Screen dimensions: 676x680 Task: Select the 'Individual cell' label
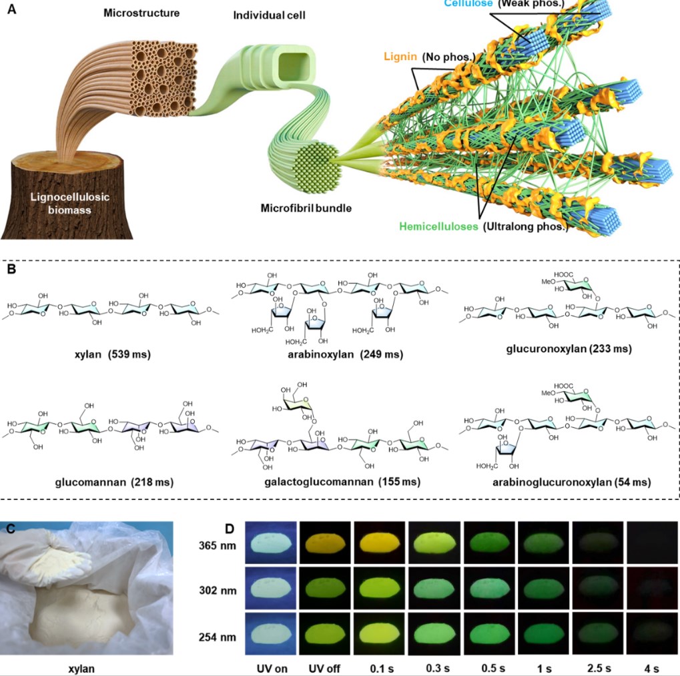tap(270, 15)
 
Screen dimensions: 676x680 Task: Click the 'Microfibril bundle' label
tap(306, 209)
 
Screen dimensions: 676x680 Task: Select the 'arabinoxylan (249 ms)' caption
tap(345, 354)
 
